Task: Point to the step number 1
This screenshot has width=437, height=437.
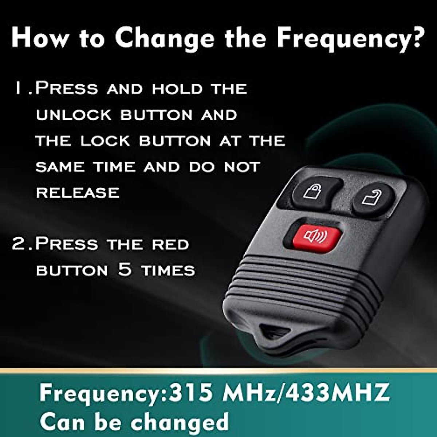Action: point(18,88)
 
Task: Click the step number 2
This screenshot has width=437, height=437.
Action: point(18,244)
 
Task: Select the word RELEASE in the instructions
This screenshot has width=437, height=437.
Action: point(78,193)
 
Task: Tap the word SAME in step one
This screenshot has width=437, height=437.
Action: point(60,167)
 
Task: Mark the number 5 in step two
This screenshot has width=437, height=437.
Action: point(125,270)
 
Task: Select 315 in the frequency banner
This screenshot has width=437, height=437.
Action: point(191,393)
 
